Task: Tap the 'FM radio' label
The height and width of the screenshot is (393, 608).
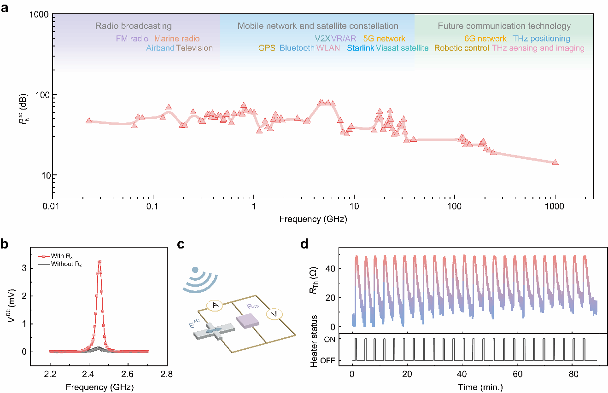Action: [x=132, y=39]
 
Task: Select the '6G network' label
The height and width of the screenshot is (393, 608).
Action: [x=485, y=39]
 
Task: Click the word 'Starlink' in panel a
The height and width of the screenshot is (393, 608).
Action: [x=361, y=48]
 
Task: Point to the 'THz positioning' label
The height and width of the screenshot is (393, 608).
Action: [x=541, y=39]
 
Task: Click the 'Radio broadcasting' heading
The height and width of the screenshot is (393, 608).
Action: [x=133, y=26]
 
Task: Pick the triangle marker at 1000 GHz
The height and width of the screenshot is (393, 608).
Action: [x=555, y=162]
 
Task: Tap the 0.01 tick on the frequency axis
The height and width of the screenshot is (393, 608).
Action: [x=52, y=207]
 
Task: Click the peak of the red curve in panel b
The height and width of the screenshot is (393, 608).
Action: [x=99, y=261]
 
